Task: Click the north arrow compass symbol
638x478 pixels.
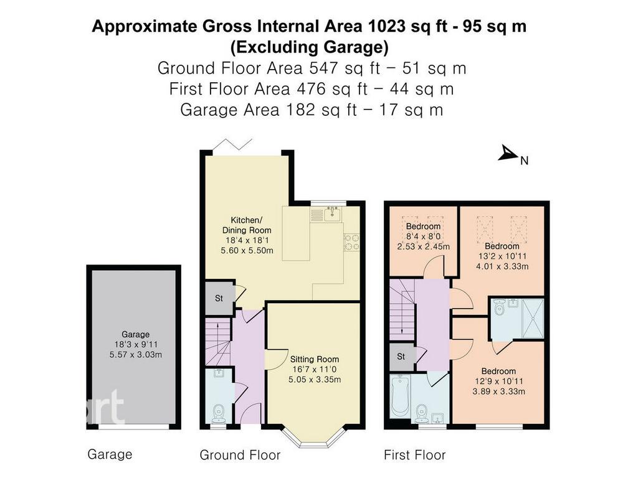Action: pos(508,153)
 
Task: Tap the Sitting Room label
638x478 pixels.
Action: pos(315,359)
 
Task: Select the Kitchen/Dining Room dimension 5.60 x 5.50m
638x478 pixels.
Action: pos(247,250)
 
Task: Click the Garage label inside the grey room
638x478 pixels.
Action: pos(135,334)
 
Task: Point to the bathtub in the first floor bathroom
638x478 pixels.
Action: pos(400,396)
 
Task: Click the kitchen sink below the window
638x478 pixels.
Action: pos(333,214)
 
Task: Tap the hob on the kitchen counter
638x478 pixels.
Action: pos(351,241)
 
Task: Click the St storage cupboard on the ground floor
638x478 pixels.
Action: pos(219,298)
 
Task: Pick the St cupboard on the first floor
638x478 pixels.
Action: pos(401,357)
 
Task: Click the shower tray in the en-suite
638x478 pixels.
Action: pos(532,318)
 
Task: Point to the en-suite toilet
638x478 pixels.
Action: pos(500,307)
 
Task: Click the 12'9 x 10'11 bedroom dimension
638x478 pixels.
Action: pos(498,382)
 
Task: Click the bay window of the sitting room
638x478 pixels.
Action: pos(314,439)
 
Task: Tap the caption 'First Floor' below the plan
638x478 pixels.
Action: pos(414,455)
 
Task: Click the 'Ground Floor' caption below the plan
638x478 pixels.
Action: pos(240,455)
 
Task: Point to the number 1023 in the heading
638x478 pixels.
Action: pos(386,26)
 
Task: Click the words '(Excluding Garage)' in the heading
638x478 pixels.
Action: pos(309,47)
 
